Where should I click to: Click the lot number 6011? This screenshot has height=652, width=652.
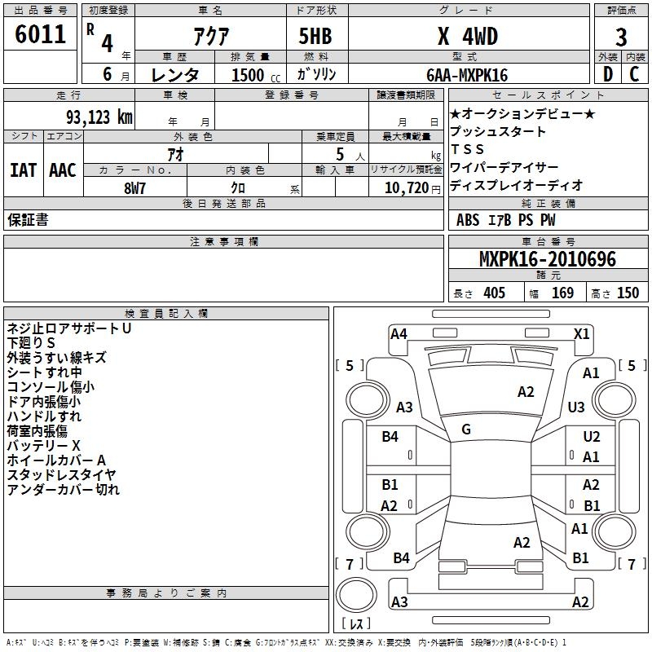[x=41, y=35]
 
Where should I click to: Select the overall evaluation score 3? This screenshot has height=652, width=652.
[x=621, y=37]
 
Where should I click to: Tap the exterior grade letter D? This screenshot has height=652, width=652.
[x=606, y=73]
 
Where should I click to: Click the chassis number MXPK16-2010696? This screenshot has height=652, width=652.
[x=548, y=260]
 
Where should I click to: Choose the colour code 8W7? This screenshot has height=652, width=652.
[x=134, y=188]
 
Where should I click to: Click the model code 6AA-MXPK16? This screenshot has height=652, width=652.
[x=467, y=75]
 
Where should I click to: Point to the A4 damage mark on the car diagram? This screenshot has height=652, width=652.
[x=399, y=333]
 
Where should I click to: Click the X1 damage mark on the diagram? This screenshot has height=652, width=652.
[x=582, y=333]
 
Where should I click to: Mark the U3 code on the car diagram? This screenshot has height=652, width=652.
[x=576, y=407]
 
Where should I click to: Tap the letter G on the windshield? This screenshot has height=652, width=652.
[x=466, y=429]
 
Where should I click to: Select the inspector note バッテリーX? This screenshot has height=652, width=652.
[x=43, y=446]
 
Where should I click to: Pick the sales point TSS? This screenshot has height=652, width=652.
[x=468, y=150]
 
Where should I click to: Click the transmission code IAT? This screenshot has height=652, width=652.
[x=23, y=170]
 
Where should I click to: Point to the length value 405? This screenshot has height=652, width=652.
[x=494, y=293]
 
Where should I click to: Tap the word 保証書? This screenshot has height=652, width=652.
[x=28, y=220]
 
